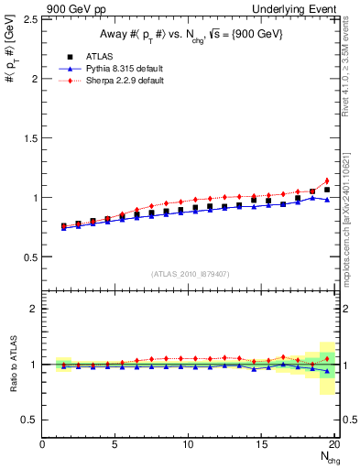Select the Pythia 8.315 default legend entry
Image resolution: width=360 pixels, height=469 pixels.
tap(116, 69)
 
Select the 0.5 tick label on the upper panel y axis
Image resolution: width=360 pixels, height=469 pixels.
tap(29, 256)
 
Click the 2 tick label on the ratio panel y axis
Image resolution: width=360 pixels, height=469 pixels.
tap(34, 309)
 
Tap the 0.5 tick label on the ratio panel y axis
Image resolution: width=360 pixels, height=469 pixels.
tap(29, 420)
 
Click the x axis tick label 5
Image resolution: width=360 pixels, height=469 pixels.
tap(115, 444)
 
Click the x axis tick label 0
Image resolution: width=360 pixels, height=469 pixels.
tap(42, 444)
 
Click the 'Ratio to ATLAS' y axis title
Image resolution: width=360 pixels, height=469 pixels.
tap(12, 365)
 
